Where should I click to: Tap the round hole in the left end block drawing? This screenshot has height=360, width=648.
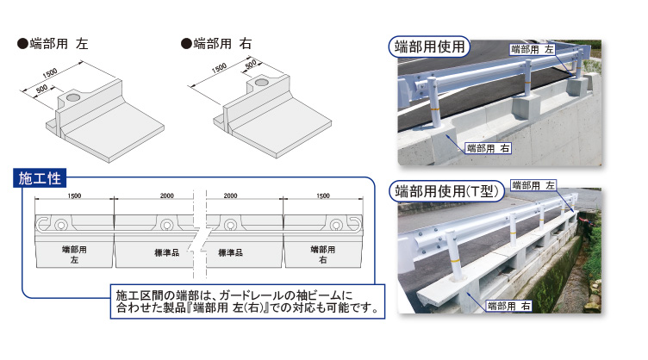click(72, 97)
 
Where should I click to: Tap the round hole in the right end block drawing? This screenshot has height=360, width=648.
click(261, 83)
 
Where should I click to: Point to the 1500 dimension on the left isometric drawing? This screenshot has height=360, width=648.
click(50, 73)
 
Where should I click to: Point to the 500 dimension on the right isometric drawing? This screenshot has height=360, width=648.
click(251, 65)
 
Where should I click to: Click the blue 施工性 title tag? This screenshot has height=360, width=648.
click(40, 178)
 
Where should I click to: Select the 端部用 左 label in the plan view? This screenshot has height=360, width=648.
click(74, 255)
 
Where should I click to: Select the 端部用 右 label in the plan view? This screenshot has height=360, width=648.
click(323, 255)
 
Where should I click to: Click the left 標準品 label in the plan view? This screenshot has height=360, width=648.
click(167, 252)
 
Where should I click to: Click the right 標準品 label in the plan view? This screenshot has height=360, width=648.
click(231, 252)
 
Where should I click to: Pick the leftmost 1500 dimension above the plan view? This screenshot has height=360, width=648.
click(74, 196)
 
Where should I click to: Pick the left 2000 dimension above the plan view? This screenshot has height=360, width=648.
click(167, 196)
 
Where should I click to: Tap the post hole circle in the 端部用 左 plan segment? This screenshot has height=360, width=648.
click(61, 225)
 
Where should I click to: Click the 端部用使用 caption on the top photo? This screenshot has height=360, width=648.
click(429, 47)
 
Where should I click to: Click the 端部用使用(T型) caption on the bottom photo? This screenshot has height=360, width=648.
click(446, 191)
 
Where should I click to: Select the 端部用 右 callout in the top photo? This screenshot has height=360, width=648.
click(488, 148)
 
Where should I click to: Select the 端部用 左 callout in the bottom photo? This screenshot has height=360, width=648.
click(533, 185)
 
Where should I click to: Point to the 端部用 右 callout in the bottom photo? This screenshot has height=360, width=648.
click(508, 306)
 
